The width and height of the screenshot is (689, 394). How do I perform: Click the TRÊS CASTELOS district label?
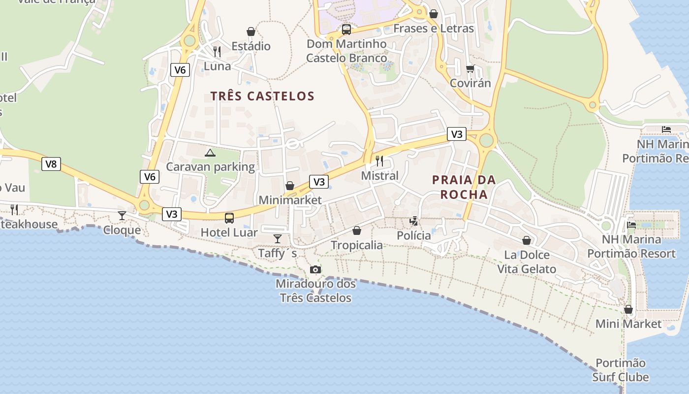(x=262, y=96)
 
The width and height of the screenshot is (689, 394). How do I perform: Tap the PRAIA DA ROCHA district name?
(x=464, y=187)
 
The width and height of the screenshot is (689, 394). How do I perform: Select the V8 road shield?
(x=51, y=164)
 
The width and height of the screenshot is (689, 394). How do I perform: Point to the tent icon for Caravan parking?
(x=210, y=153)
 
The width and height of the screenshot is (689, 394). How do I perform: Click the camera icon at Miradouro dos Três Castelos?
(x=315, y=269)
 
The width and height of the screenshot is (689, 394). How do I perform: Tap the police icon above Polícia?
(x=414, y=221)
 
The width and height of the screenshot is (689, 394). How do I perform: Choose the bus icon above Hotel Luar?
(x=229, y=218)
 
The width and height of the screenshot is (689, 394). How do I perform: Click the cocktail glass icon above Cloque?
(x=122, y=215)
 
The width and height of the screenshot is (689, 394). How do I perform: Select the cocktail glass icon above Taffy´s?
(x=278, y=239)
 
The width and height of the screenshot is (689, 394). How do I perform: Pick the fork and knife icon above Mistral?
(x=379, y=161)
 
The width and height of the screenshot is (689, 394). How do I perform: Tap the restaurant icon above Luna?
(x=217, y=51)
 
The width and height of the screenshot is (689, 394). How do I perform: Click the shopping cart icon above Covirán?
(x=470, y=68)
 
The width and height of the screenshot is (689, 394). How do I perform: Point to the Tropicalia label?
(x=357, y=245)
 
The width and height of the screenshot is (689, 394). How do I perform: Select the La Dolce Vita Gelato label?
(x=527, y=262)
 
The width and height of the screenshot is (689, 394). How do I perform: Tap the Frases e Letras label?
(x=434, y=29)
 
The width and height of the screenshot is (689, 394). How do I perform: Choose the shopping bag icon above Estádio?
(x=251, y=32)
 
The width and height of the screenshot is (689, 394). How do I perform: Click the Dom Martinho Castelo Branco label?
(x=346, y=51)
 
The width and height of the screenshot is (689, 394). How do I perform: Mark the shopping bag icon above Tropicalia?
(x=357, y=230)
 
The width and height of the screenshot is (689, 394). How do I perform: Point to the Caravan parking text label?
(x=210, y=166)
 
